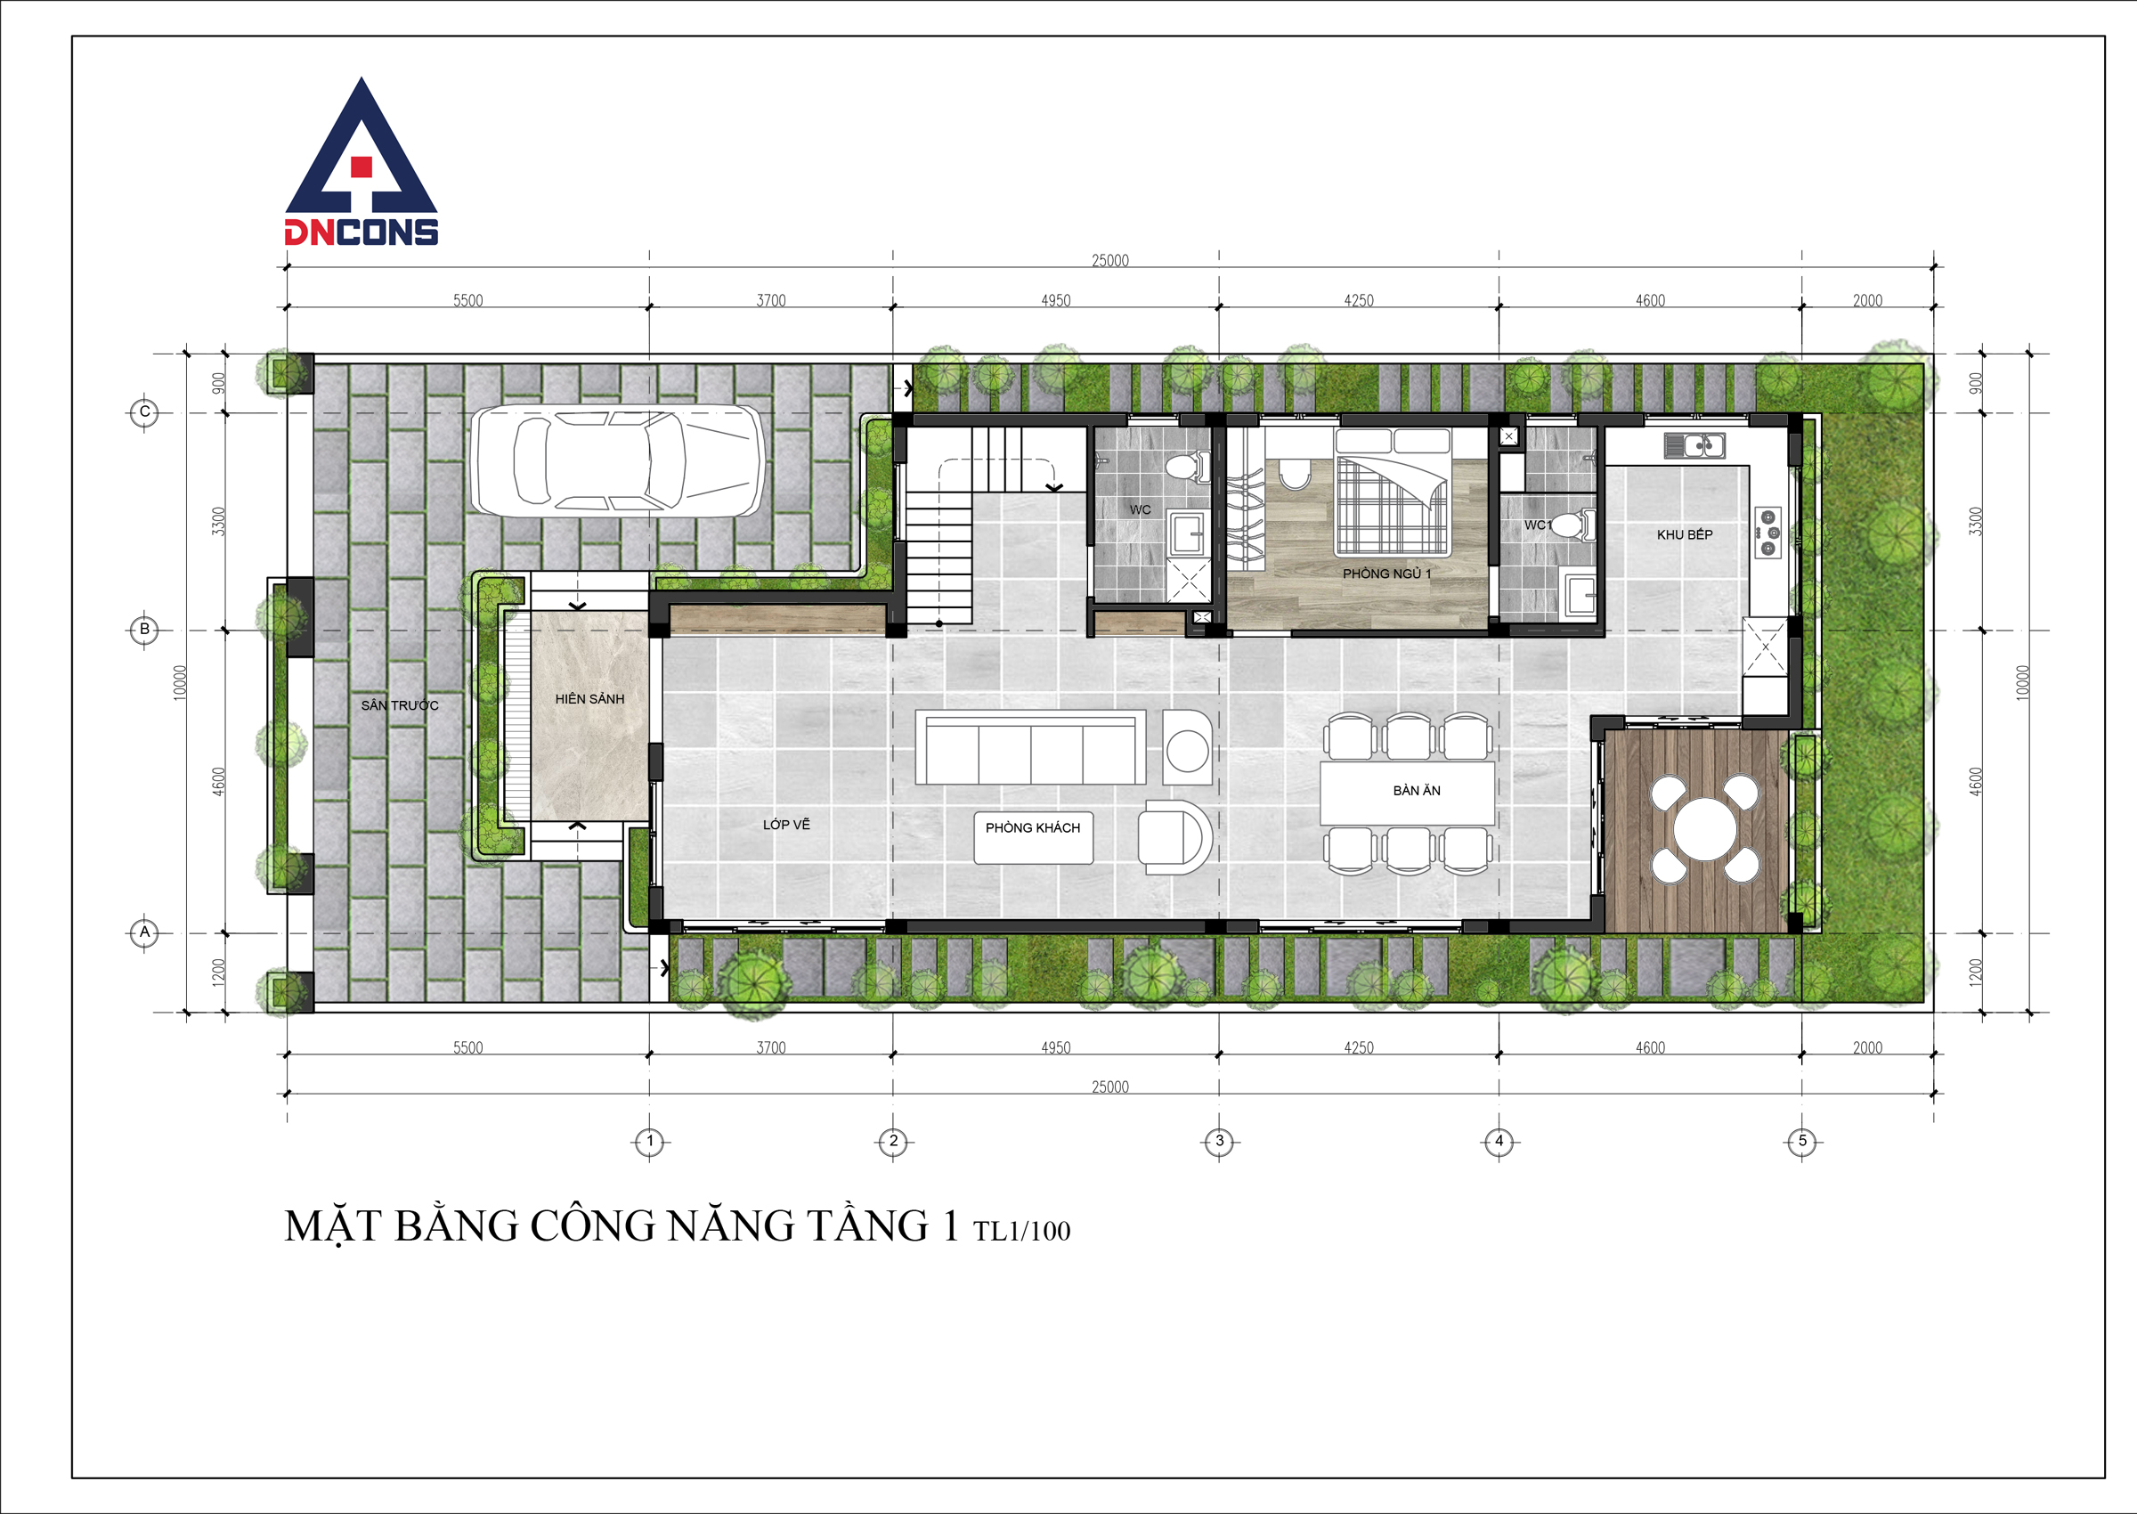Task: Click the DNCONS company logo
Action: (362, 162)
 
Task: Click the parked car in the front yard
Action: (617, 460)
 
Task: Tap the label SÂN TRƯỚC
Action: (400, 704)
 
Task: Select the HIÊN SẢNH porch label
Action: (590, 698)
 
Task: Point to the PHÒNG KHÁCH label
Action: (1033, 828)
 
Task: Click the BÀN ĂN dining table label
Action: (1417, 791)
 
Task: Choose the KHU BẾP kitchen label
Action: (1684, 534)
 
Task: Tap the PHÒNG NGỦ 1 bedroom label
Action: (1386, 574)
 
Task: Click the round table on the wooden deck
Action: (1704, 829)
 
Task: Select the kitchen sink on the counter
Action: (1694, 445)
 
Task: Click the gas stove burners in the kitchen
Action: (1768, 533)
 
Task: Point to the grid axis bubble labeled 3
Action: (1219, 1140)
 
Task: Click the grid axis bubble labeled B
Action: (144, 630)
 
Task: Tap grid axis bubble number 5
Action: (1801, 1140)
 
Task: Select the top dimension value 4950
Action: (1056, 300)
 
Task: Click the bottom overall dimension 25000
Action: (1110, 1087)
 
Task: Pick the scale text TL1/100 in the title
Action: (1022, 1231)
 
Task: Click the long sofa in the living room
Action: (1031, 746)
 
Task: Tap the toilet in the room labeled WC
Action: (1188, 464)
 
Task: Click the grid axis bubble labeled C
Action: (144, 411)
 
